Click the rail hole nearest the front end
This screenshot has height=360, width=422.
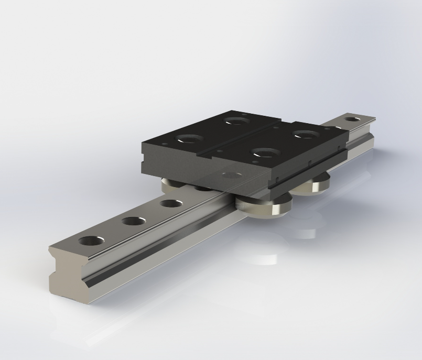point(91,241)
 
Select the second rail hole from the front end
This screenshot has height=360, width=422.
point(134,221)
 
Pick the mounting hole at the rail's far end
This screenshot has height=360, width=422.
point(354,119)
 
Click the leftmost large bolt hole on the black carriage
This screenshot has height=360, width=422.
point(189,139)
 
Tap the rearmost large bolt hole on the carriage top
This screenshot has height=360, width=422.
point(237,121)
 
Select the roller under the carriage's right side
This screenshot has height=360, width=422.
point(317,184)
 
